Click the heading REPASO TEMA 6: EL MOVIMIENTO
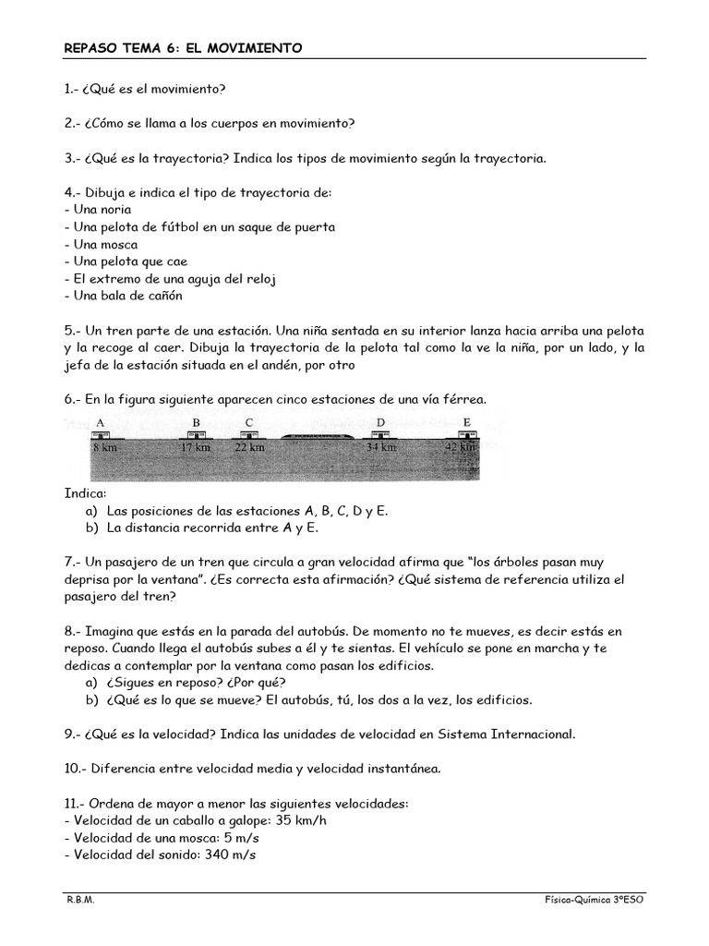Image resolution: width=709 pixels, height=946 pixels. pos(183,47)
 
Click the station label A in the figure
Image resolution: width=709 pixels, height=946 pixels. pos(99,422)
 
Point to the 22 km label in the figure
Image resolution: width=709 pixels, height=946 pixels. pos(249,447)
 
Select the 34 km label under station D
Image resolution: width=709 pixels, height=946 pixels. pos(380,447)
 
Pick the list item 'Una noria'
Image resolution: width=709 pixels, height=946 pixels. pos(98,210)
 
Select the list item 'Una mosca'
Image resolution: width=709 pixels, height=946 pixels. pos(101,245)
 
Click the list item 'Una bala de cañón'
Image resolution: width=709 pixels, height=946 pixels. pos(124,297)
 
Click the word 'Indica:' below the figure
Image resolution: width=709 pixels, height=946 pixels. pos(85,492)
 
